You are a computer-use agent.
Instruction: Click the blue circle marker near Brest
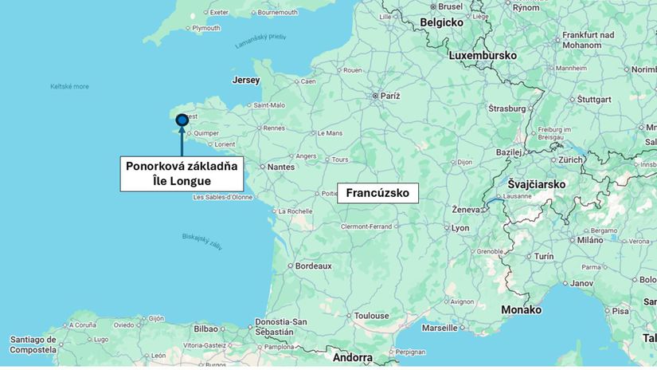[182, 120]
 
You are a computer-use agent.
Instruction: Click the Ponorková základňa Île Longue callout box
[181, 174]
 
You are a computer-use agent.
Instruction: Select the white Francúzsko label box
[377, 193]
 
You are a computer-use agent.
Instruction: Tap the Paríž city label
[389, 96]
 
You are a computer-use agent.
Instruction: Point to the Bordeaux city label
[313, 266]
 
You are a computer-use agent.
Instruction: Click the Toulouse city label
[371, 316]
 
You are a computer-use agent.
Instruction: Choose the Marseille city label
[440, 328]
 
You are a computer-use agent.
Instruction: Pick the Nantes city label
[280, 167]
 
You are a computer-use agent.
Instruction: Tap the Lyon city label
[460, 227]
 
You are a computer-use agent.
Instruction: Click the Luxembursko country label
[483, 56]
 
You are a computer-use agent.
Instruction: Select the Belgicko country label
[441, 22]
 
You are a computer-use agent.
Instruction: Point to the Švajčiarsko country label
[537, 184]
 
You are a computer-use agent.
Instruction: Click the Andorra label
[352, 357]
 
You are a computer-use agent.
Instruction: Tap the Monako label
[521, 309]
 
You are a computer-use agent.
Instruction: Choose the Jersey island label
[245, 80]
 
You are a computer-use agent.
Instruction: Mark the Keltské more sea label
[69, 86]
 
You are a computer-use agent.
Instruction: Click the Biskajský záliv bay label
[201, 241]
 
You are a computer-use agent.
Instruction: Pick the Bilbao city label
[205, 328]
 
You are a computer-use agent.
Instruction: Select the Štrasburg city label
[506, 108]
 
